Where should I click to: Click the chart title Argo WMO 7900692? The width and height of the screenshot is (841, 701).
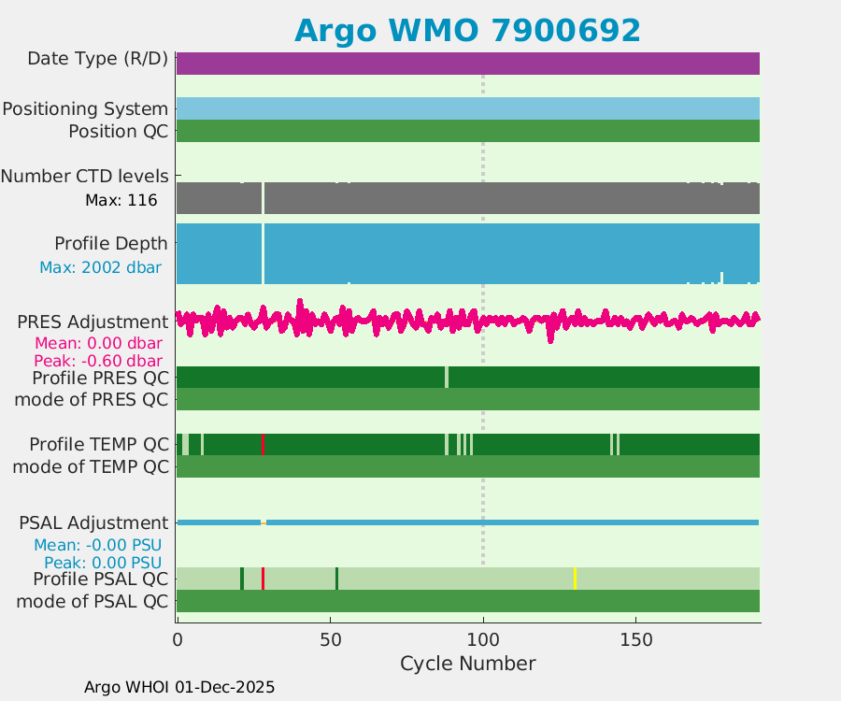467,31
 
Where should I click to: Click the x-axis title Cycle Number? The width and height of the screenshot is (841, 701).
467,664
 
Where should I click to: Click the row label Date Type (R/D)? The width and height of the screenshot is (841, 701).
97,59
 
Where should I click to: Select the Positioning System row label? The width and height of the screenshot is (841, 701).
85,109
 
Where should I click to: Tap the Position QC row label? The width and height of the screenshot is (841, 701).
118,132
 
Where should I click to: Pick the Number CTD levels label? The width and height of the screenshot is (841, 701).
85,176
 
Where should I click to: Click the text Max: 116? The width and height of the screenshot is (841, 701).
121,200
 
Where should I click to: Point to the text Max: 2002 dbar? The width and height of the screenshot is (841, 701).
100,267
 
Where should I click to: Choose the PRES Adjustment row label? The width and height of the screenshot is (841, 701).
93,322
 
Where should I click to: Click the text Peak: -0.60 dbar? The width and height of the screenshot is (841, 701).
98,361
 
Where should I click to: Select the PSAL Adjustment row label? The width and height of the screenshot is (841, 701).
93,523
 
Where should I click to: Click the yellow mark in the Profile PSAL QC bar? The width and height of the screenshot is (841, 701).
575,579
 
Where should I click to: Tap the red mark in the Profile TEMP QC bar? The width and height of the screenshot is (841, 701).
263,444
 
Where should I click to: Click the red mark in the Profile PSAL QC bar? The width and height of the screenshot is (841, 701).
263,579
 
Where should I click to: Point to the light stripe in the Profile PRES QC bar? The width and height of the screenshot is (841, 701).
447,377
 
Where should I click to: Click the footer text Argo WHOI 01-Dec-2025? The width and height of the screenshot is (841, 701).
179,687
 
